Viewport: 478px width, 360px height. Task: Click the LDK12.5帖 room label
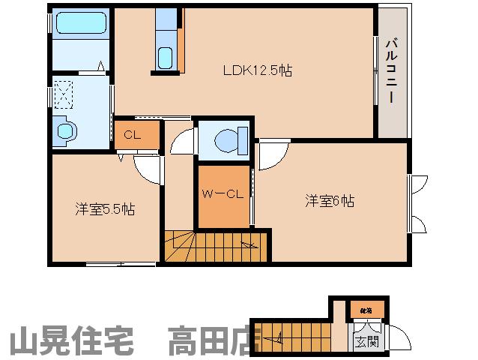(x=257, y=72)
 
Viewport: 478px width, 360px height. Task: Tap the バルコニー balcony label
(x=392, y=72)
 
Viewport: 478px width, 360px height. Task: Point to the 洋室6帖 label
(x=330, y=201)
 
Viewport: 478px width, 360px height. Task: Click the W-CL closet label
(x=222, y=194)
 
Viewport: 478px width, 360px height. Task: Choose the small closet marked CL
(x=133, y=135)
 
